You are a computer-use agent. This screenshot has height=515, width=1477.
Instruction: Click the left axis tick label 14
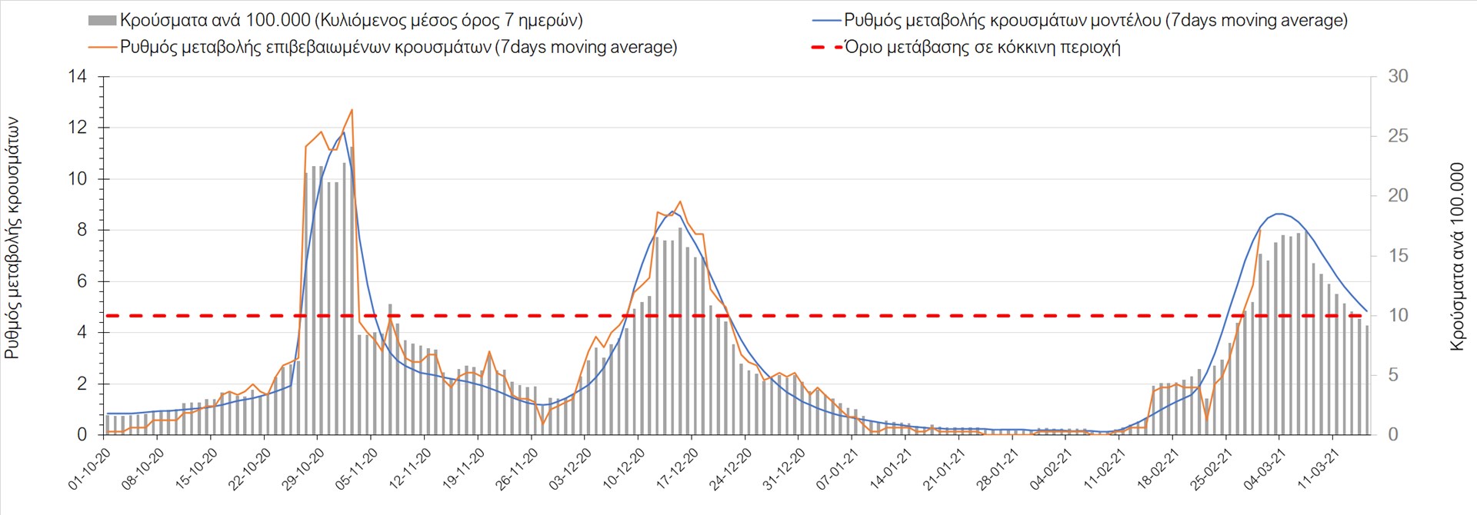tap(78, 76)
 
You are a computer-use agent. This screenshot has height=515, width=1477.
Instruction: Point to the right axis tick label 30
tap(1398, 76)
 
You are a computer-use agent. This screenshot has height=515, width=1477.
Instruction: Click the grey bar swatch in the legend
tap(102, 21)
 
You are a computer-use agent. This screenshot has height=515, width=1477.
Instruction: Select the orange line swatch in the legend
tap(102, 47)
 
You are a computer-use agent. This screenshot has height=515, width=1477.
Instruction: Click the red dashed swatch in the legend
tap(826, 47)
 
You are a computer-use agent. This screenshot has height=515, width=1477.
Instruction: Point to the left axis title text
tap(12, 238)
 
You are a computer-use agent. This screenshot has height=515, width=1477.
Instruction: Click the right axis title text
tap(1456, 257)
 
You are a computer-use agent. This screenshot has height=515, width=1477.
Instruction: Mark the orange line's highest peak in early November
tap(352, 110)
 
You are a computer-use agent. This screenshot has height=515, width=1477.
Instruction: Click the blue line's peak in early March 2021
tap(1279, 214)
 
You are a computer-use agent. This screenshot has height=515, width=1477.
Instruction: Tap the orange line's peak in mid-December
tap(680, 201)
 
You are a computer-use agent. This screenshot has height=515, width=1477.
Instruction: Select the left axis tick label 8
tap(82, 230)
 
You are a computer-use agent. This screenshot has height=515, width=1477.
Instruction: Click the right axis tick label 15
tap(1398, 255)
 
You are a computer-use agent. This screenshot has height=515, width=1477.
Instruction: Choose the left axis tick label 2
tap(82, 384)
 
